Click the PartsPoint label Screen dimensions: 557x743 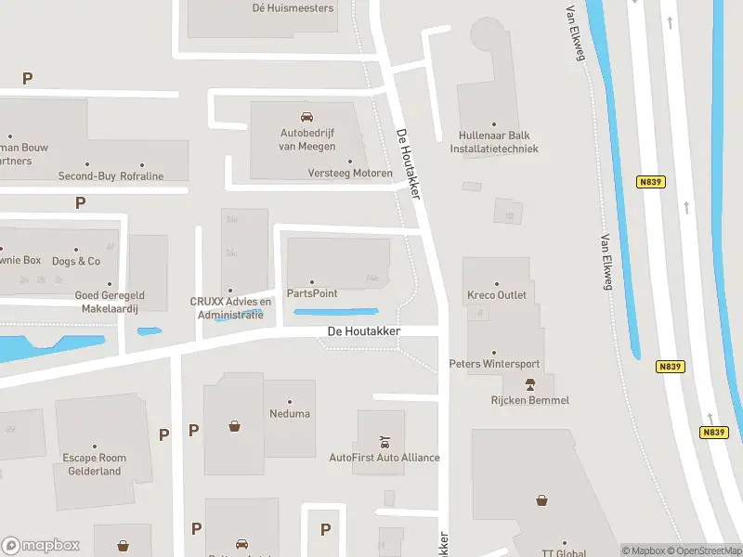tap(312, 293)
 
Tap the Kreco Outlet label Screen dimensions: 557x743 tap(497, 295)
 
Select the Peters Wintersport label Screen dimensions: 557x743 tap(494, 364)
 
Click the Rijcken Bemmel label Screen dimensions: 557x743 tap(530, 400)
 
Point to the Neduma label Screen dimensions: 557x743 tap(290, 413)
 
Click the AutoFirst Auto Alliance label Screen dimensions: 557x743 tap(385, 458)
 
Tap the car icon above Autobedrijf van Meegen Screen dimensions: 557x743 tap(306, 117)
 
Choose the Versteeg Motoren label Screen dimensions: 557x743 tap(350, 174)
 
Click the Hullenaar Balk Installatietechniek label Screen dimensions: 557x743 tap(493, 142)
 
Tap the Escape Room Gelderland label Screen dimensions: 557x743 tap(95, 464)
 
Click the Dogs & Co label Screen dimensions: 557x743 tap(76, 261)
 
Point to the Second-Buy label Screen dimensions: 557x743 tap(86, 176)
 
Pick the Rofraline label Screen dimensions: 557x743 tap(142, 176)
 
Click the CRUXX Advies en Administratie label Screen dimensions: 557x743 tap(230, 307)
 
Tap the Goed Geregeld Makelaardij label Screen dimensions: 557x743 tap(110, 302)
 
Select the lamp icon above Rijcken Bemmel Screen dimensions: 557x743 tap(530, 384)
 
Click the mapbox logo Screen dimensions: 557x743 tap(41, 546)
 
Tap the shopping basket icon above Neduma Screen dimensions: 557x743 tap(235, 427)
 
